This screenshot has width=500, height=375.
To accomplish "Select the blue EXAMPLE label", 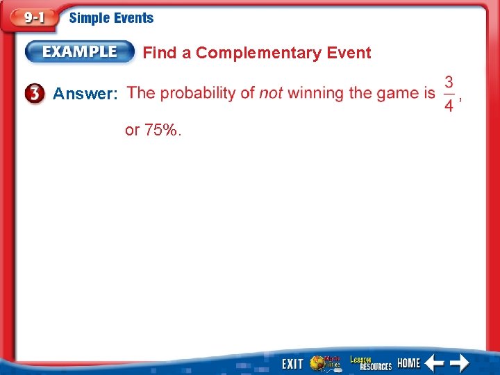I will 81,52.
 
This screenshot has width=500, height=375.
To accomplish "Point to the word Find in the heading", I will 158,53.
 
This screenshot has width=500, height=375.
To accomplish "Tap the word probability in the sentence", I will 197,93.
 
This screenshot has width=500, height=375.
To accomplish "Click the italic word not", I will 271,93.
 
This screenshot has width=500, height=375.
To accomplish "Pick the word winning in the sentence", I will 316,93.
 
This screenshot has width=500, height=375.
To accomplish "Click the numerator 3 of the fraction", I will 449,82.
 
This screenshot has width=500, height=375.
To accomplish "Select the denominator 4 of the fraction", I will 449,105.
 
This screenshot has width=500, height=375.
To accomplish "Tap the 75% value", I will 162,130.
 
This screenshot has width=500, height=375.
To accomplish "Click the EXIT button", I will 292,364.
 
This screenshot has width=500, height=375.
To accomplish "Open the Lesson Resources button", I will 370,362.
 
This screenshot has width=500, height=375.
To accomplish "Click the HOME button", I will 408,363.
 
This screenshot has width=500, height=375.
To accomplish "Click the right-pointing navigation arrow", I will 459,363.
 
